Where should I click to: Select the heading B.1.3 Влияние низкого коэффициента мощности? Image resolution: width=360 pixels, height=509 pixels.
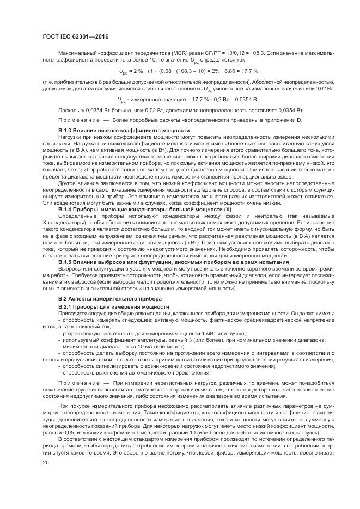coord(124,131)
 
